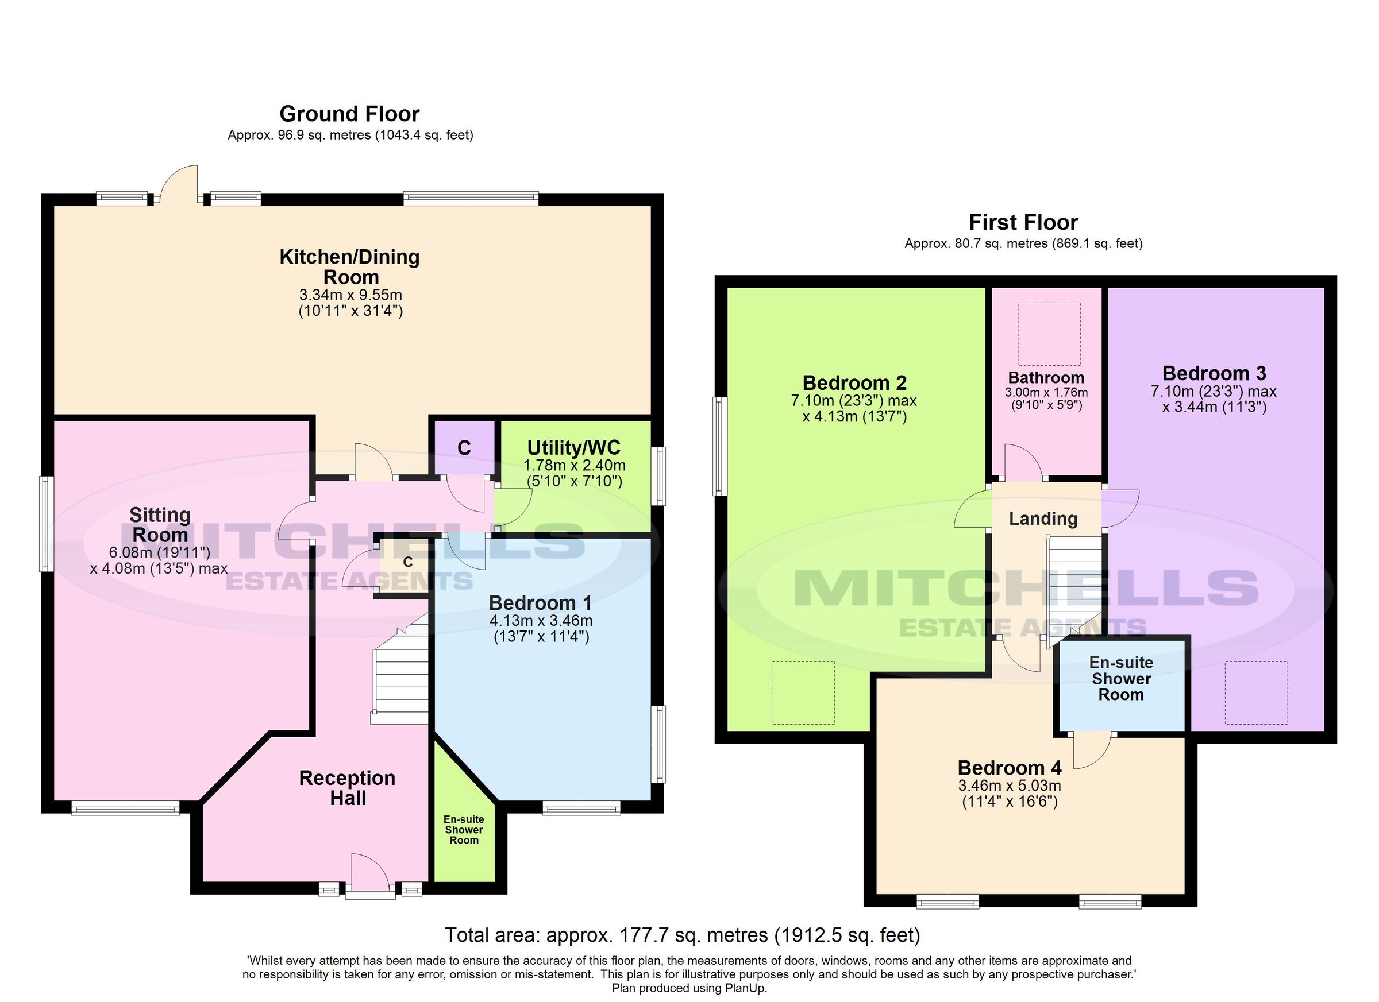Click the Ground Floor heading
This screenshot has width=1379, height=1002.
click(x=349, y=114)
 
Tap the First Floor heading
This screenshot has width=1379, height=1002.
click(x=1023, y=222)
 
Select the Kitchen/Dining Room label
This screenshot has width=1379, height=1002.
click(x=349, y=266)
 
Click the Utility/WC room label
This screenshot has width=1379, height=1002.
click(x=573, y=448)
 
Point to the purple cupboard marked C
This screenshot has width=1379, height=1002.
click(x=464, y=448)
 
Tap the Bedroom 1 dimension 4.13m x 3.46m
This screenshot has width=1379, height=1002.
click(x=541, y=620)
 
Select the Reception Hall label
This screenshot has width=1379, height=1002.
click(x=347, y=787)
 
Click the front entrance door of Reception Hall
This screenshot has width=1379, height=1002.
click(x=370, y=874)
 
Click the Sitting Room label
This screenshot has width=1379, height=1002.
click(x=160, y=525)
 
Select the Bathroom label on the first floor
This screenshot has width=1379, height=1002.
click(x=1046, y=377)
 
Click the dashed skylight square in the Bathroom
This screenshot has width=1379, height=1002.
click(x=1049, y=333)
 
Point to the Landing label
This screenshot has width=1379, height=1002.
click(x=1043, y=519)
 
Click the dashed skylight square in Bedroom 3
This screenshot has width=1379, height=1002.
click(x=1255, y=692)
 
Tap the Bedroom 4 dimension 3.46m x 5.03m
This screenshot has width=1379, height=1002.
click(x=1010, y=785)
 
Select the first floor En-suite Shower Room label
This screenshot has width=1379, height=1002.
click(x=1120, y=678)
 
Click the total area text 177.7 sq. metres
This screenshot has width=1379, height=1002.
click(x=682, y=935)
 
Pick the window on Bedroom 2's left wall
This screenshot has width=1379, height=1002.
click(x=720, y=446)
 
